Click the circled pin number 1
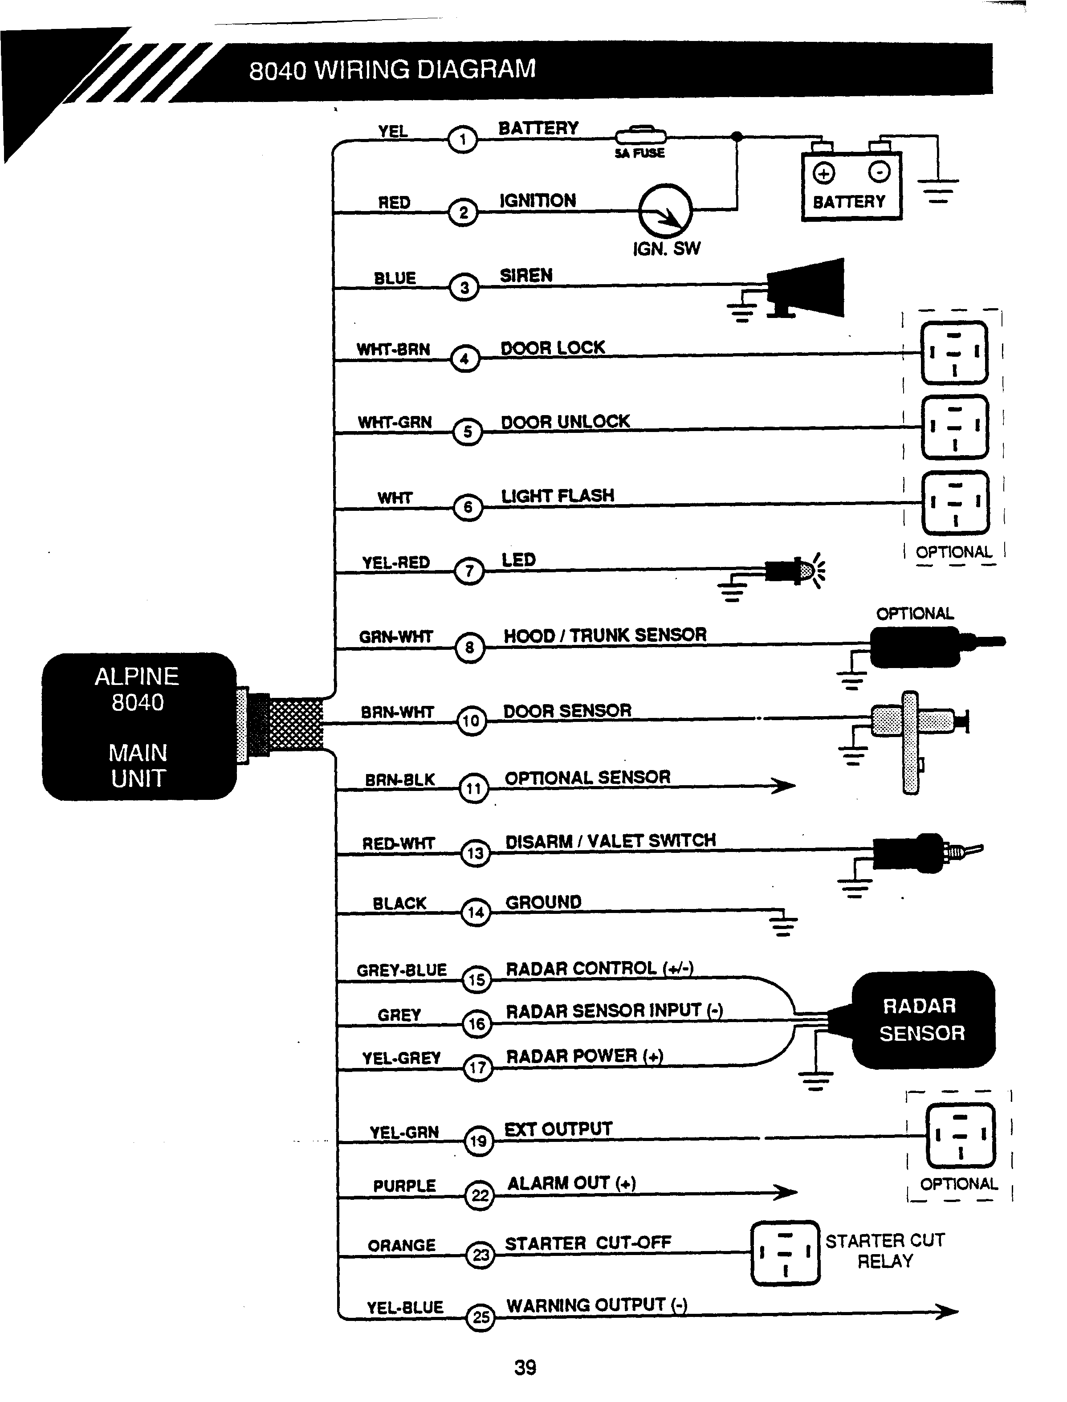(x=462, y=140)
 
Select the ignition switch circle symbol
(x=665, y=210)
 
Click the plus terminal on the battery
(x=824, y=173)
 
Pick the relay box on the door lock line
(x=954, y=353)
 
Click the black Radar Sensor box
(x=922, y=1019)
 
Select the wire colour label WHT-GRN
(x=395, y=423)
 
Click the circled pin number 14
(x=476, y=913)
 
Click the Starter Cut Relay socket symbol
(x=785, y=1253)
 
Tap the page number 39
(x=525, y=1367)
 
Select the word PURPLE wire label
(x=404, y=1186)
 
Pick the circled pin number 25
(x=481, y=1317)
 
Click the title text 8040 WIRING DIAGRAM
(x=392, y=70)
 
